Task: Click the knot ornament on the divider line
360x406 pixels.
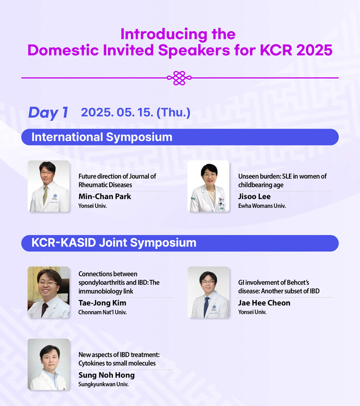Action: [x=179, y=78]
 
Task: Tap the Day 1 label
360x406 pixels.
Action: [x=48, y=113]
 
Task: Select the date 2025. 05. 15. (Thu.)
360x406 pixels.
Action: [x=135, y=112]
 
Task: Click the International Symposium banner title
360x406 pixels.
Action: [x=102, y=137]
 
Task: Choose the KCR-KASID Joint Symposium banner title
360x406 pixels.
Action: [x=114, y=243]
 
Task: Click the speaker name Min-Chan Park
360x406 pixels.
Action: [x=105, y=197]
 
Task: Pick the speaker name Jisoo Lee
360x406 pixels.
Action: [x=254, y=197]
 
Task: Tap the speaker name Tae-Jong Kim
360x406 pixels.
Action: [x=102, y=303]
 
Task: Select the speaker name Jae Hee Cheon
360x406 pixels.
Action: [x=264, y=303]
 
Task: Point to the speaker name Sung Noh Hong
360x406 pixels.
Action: [x=107, y=375]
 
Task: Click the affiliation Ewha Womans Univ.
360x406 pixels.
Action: [x=262, y=206]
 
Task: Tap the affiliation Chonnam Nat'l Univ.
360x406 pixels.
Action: [x=103, y=312]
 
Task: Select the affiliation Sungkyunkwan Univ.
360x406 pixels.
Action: [x=103, y=384]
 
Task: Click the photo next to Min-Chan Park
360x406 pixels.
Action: [x=48, y=186]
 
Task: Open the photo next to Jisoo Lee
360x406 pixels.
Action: [x=208, y=186]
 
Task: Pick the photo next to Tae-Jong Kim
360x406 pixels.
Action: [x=48, y=292]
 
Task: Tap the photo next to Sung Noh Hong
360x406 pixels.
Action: [x=48, y=364]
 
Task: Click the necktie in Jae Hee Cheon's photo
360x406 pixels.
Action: [x=206, y=307]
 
